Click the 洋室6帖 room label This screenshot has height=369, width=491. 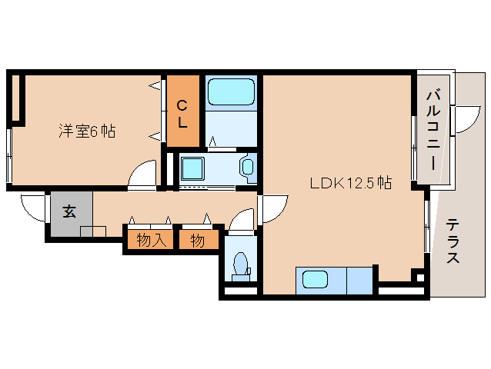click(87, 131)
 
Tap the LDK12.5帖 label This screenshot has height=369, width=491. click(351, 184)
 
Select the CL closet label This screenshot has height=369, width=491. click(183, 112)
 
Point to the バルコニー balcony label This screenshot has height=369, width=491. click(433, 130)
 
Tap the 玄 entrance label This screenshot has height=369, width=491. click(69, 211)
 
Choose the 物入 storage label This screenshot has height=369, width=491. click(151, 241)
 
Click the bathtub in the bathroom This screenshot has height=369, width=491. click(231, 93)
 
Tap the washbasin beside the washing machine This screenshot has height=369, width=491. click(247, 166)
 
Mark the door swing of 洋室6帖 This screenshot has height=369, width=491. click(142, 175)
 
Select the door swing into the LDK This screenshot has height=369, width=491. click(273, 208)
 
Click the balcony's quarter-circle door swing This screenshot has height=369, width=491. click(466, 120)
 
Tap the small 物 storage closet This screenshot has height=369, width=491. click(198, 241)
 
